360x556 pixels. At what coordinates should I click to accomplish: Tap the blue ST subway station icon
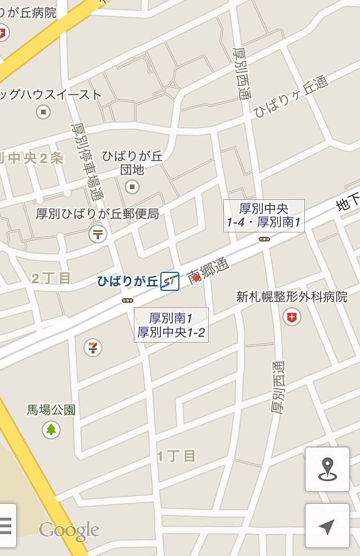point(170,281)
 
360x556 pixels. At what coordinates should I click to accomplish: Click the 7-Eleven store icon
point(93,347)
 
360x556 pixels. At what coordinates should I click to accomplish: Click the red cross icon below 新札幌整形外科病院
point(291,317)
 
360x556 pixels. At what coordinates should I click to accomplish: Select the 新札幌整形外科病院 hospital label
point(292,297)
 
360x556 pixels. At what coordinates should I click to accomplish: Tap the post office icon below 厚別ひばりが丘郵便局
point(98,233)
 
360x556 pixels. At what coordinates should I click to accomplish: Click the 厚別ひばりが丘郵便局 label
point(97,214)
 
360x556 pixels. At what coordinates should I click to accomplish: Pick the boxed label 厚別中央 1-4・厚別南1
point(264,216)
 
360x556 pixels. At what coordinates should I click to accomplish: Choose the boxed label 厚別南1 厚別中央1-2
point(171,325)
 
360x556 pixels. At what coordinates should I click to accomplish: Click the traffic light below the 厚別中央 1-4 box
point(264,239)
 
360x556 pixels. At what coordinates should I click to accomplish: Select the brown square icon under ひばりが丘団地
point(133,186)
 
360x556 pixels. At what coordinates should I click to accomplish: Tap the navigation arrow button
point(327,526)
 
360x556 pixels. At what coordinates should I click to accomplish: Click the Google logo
point(69,530)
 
